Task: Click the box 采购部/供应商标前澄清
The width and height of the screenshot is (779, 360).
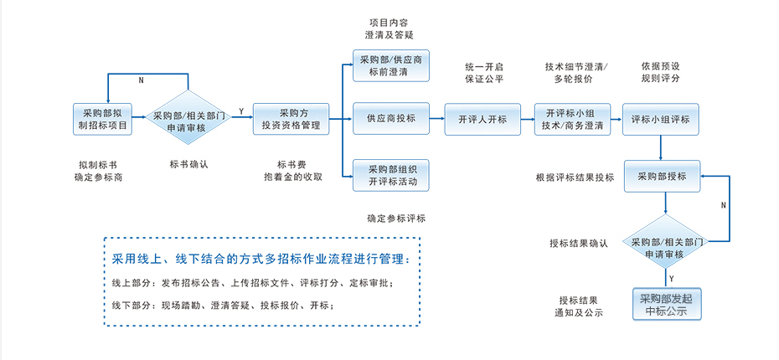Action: [x=392, y=66]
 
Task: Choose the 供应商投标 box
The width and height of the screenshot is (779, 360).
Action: [x=391, y=119]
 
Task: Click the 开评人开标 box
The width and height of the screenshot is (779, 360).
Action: [x=482, y=119]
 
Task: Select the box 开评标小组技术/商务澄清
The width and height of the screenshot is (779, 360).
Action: [x=572, y=119]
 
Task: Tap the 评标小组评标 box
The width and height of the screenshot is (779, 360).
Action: [x=661, y=119]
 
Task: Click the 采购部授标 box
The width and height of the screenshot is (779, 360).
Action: [x=662, y=176]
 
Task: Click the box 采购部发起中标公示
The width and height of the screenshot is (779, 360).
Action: [x=666, y=305]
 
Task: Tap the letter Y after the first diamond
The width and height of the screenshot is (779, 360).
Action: [x=241, y=111]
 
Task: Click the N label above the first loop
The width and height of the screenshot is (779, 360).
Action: [x=140, y=80]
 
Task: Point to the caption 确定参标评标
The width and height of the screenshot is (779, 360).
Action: [x=396, y=219]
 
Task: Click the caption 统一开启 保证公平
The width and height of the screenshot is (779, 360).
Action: [x=484, y=73]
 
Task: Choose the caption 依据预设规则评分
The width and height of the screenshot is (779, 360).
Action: [x=660, y=72]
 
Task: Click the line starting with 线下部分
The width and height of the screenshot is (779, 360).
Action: [x=223, y=306]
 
